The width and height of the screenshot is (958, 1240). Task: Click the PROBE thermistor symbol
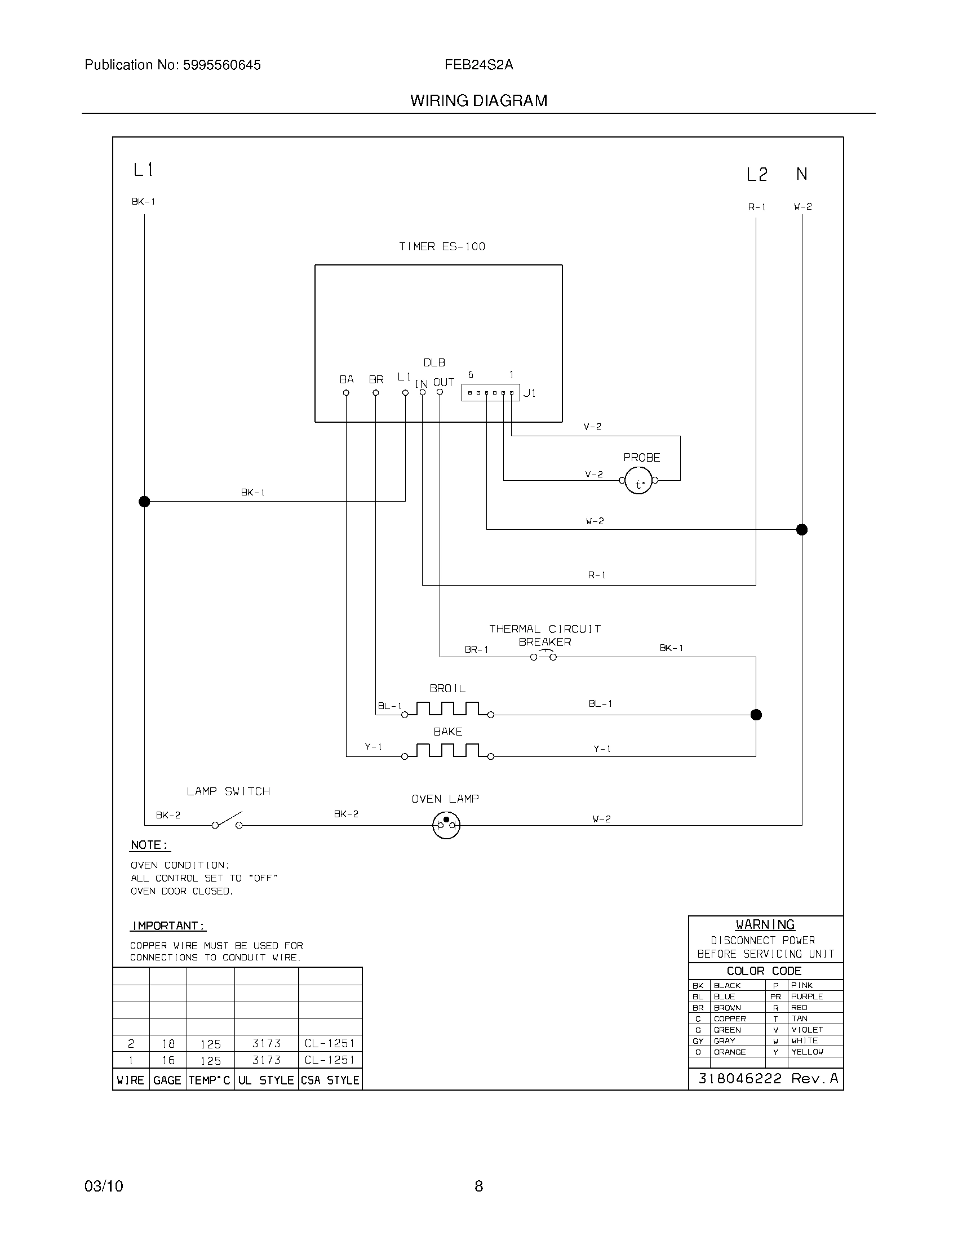point(638,481)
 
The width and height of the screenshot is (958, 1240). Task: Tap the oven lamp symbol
point(446,825)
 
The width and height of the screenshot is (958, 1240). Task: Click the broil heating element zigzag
point(447,710)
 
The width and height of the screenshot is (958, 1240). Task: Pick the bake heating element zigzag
point(447,751)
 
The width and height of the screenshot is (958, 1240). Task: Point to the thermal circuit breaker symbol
point(543,656)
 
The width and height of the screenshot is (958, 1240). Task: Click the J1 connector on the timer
point(490,393)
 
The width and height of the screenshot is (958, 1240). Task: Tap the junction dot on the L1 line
point(144,501)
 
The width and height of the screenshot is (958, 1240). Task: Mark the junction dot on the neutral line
point(801,530)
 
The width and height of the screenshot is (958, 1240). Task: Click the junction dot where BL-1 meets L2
point(756,715)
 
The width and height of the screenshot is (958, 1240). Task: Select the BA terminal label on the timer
point(346,379)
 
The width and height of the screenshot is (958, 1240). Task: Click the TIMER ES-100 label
point(442,246)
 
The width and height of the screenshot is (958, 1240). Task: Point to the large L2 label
point(756,175)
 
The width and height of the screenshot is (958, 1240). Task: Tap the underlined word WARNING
point(765,924)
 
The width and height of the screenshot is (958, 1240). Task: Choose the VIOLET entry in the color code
point(807,1029)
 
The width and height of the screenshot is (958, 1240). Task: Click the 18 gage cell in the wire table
point(168,1043)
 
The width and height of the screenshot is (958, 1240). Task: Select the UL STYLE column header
point(265,1080)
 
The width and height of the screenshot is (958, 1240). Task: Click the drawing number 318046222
point(739,1078)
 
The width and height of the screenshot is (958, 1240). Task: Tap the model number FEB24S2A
point(478,65)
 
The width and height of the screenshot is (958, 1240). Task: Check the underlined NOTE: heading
point(149,845)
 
